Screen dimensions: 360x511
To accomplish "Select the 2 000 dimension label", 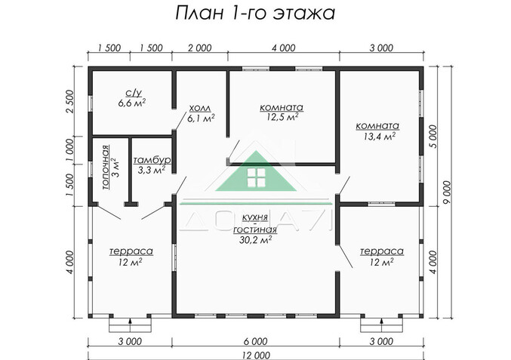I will [x=199, y=48].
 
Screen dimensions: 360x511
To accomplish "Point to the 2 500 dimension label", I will [x=70, y=101].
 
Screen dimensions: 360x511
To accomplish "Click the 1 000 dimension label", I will [x=70, y=146].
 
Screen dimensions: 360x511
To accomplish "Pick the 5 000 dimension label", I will [x=431, y=137].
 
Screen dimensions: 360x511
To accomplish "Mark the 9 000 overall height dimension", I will [x=448, y=188].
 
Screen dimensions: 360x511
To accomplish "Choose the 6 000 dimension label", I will [x=257, y=340].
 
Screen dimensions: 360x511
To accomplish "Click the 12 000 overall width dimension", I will [x=257, y=354].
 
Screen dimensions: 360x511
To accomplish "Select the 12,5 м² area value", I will [x=282, y=117].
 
